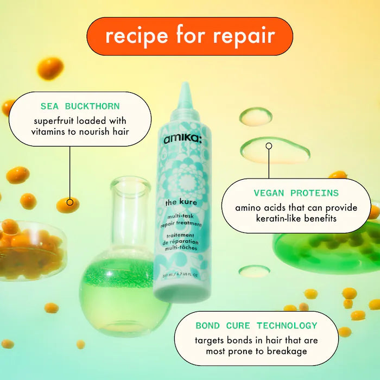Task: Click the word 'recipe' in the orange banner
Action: tap(137, 36)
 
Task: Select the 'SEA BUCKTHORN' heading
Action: tap(80, 106)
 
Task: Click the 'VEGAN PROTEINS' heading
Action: tap(296, 193)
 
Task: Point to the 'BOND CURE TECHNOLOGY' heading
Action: tap(256, 326)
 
